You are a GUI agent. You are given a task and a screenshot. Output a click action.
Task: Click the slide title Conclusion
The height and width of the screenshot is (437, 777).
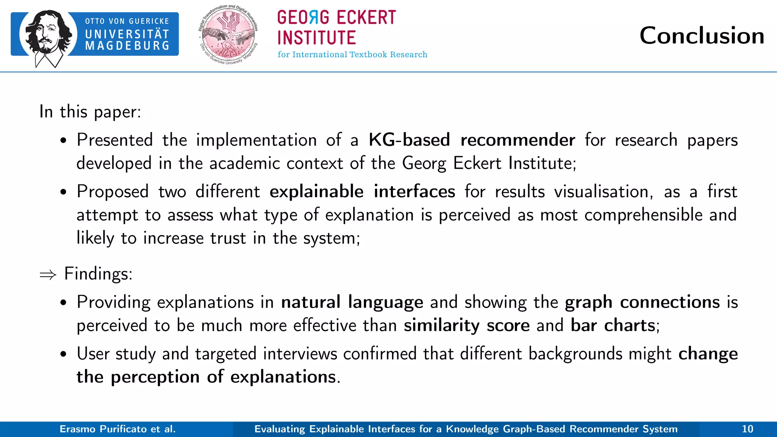tap(702, 36)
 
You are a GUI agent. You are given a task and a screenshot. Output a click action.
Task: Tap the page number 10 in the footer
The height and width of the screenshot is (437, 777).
tap(747, 429)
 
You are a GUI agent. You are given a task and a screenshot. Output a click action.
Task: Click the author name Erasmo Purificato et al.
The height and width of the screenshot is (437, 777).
tap(118, 429)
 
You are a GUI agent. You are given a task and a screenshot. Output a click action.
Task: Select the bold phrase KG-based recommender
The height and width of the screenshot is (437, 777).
tap(472, 140)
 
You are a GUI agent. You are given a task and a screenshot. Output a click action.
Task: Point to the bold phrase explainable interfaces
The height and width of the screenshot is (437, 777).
tap(362, 191)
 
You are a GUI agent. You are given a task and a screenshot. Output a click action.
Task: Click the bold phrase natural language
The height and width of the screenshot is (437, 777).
tap(352, 302)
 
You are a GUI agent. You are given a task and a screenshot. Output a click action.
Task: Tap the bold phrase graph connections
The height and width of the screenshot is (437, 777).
tap(642, 302)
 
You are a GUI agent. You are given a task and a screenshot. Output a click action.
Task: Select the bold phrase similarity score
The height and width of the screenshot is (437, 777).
tap(466, 325)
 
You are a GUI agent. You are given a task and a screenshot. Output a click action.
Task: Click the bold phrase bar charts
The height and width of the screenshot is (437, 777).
tap(613, 325)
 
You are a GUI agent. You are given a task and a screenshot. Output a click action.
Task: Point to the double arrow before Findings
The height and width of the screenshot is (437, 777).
tap(48, 275)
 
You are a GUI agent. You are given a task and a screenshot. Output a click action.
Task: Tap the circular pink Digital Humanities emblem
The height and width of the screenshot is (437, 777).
tap(228, 35)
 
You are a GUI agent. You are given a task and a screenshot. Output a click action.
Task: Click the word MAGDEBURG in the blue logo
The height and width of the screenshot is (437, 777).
tap(127, 46)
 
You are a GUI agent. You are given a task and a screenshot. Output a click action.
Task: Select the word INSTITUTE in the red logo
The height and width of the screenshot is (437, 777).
tap(316, 38)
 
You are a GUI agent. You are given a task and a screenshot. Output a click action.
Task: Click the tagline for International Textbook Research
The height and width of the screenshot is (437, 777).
tap(352, 55)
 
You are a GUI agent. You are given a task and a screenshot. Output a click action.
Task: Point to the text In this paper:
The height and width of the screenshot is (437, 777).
tap(90, 112)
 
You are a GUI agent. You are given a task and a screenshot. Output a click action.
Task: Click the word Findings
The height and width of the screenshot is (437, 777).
tap(98, 274)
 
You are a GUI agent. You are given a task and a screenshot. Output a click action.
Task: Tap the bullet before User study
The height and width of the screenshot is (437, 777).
tap(63, 354)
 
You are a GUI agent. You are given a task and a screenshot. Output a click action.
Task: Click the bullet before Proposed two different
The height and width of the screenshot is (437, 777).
tap(63, 192)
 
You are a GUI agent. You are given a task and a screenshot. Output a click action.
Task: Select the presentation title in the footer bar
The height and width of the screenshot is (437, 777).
tap(466, 429)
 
